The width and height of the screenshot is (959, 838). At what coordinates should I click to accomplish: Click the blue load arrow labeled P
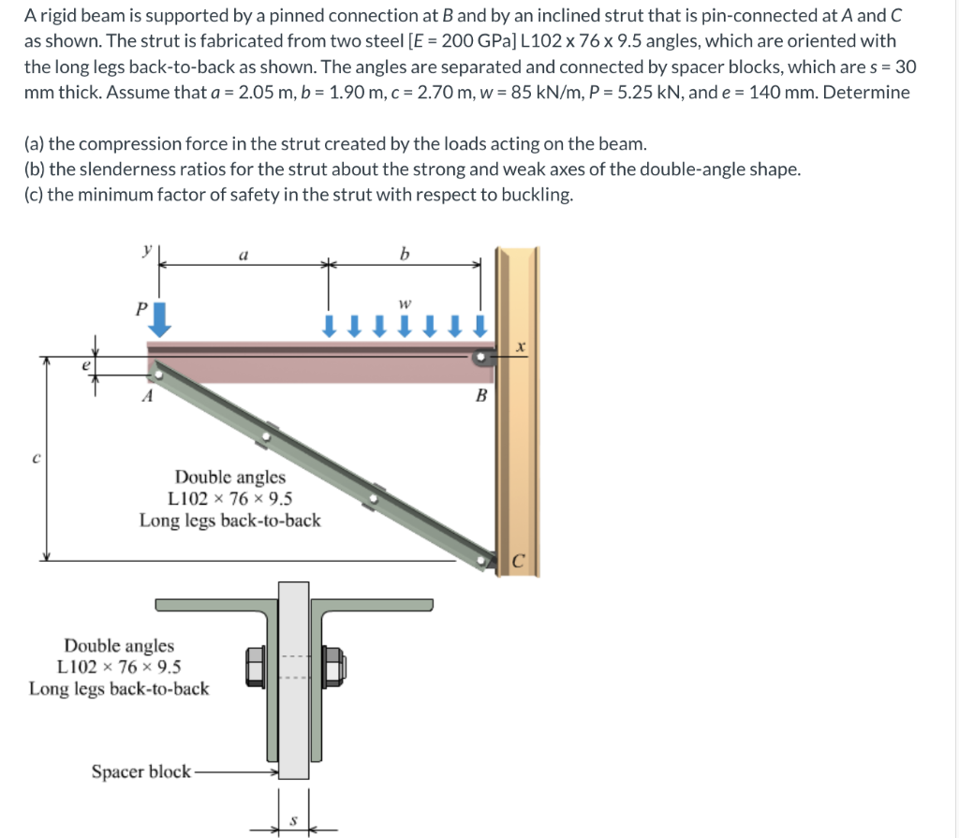tap(161, 318)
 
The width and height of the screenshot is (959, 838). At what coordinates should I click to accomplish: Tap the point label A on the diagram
tap(146, 395)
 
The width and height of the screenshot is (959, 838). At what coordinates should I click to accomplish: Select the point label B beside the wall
tap(482, 395)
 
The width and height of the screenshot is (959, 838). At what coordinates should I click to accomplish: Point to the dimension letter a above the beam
tap(244, 254)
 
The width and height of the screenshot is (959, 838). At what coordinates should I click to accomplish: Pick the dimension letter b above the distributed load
tap(404, 253)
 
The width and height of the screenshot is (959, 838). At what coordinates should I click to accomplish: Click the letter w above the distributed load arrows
tap(404, 304)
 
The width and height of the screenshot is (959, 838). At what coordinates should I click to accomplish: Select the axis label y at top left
tap(146, 251)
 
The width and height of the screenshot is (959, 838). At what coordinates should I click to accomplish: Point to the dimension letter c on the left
tap(36, 458)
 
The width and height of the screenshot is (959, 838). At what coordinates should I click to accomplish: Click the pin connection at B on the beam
tap(480, 357)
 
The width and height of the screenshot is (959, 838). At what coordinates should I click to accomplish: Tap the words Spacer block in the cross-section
tap(140, 772)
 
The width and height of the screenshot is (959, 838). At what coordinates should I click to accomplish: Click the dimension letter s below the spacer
tap(292, 821)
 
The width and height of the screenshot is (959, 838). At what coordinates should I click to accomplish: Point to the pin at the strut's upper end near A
tap(159, 374)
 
